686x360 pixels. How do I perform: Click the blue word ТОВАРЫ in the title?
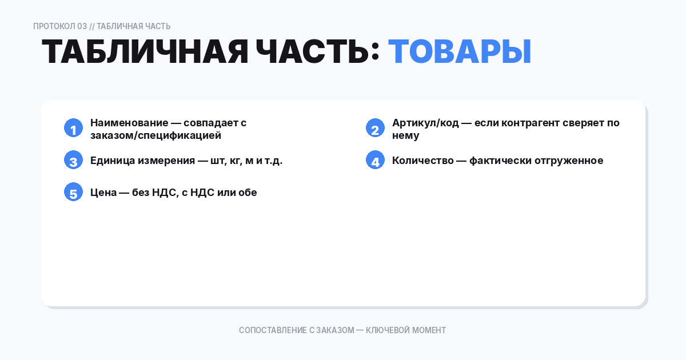460,52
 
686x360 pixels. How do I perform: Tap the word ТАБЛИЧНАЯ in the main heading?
145,52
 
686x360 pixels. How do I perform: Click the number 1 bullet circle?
73,128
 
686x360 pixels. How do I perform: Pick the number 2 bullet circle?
375,128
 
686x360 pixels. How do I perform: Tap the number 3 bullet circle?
73,160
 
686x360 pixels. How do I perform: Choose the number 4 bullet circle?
375,160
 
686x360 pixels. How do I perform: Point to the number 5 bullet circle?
73,192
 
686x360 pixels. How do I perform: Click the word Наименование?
129,123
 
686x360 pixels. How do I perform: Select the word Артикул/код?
425,123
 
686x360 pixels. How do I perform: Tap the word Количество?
421,161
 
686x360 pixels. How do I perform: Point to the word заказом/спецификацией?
155,136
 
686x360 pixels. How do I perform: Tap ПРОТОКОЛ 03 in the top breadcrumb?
60,26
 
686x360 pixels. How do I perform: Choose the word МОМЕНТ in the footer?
429,330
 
